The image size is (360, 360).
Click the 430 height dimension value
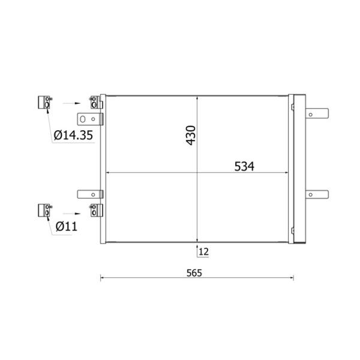point(191,135)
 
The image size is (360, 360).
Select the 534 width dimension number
point(244,166)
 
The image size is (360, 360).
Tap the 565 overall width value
point(194,273)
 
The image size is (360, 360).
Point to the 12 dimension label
point(203,252)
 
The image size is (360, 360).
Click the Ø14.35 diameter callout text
point(73,135)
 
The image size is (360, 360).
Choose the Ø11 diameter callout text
point(67,227)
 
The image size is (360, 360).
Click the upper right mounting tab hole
point(311,115)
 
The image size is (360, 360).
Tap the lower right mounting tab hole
point(311,194)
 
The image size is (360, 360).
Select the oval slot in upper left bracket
point(83,119)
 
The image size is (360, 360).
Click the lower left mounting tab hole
point(93,194)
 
